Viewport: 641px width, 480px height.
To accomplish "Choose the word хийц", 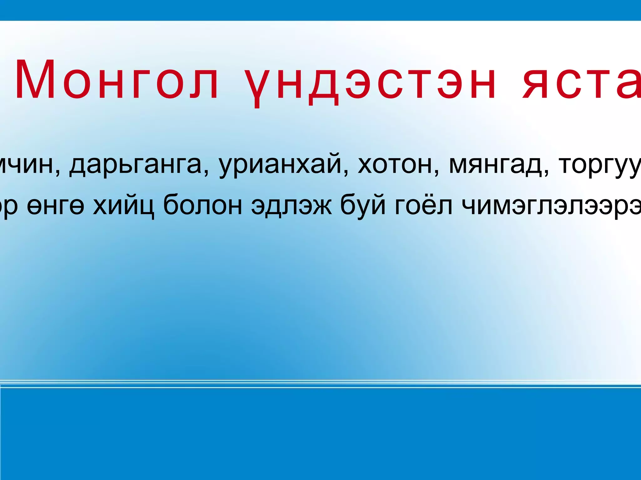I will (x=124, y=206).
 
